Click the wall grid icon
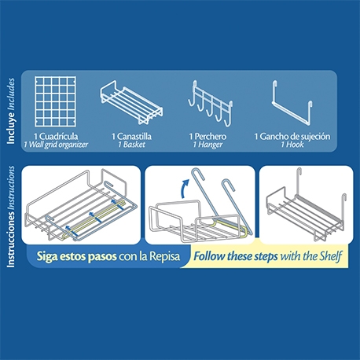tap(55, 101)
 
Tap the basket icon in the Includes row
tap(131, 102)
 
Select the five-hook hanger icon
tap(210, 104)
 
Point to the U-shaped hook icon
tap(292, 103)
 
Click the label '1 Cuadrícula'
tap(56, 136)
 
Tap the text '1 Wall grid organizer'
tap(56, 145)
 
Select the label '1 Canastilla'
tap(131, 136)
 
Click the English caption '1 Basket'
tap(131, 145)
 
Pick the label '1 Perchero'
tap(208, 136)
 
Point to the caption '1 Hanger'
tap(208, 145)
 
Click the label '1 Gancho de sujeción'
tap(292, 137)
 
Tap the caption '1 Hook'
tap(292, 145)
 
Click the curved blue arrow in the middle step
tap(183, 187)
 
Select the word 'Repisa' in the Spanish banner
tap(164, 256)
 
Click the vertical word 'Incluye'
tap(11, 129)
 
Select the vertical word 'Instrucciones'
tap(11, 238)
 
